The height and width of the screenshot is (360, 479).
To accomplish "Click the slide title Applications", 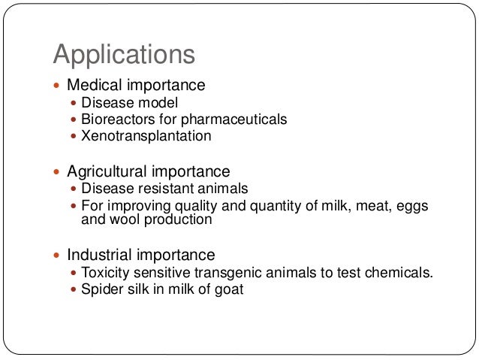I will click(x=124, y=54).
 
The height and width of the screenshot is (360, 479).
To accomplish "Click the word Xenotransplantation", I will click(x=146, y=136).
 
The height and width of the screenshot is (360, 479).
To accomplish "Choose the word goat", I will click(x=228, y=289).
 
